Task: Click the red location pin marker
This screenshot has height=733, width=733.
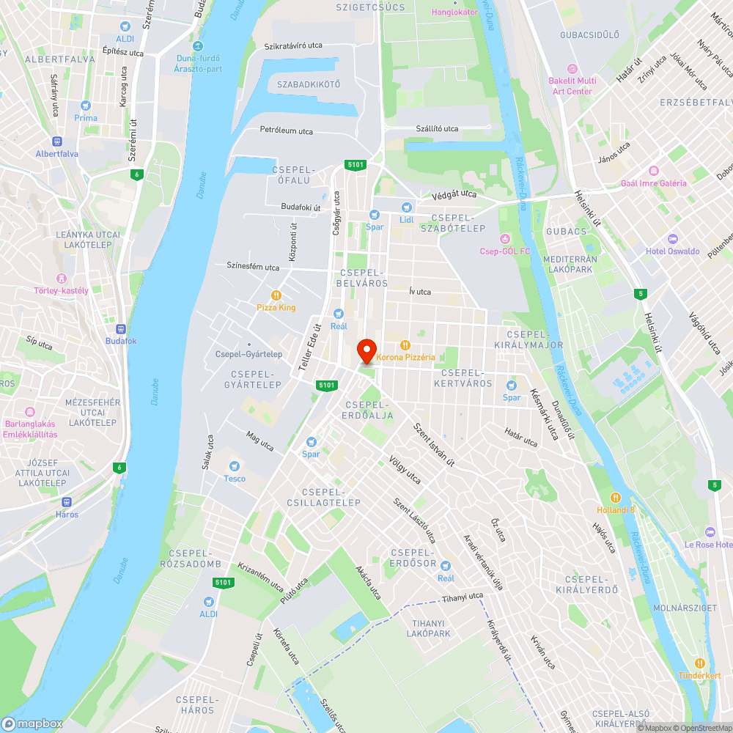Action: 366,351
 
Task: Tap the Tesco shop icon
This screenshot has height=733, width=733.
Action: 235,465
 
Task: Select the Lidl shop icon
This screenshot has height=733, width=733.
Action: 407,207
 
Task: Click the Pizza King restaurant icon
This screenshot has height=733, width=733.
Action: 276,295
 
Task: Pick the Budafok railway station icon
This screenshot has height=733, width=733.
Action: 121,329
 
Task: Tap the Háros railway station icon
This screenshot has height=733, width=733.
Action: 67,502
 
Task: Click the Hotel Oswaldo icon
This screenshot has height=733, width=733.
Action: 673,239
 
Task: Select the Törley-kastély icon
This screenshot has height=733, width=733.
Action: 61,278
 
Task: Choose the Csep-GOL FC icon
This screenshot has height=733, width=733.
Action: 504,238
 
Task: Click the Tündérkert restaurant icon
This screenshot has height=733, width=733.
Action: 699,663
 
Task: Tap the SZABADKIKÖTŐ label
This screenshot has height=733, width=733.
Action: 309,84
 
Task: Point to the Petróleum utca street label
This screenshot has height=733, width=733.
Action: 286,130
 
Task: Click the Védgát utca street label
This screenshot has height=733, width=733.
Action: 454,194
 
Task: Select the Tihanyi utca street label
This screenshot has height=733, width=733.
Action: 463,597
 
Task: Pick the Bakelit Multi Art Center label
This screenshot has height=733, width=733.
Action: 572,86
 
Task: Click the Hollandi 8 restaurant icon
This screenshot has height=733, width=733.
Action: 616,497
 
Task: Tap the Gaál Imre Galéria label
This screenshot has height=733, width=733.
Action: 654,183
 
